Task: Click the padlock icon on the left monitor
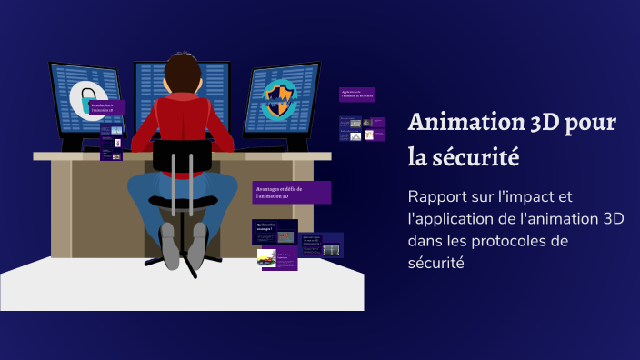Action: pyautogui.click(x=86, y=99)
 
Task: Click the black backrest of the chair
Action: pyautogui.click(x=182, y=155)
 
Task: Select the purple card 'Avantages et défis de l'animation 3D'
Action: pyautogui.click(x=291, y=191)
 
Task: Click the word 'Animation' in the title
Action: pyautogui.click(x=458, y=122)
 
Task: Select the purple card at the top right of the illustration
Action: pyautogui.click(x=356, y=94)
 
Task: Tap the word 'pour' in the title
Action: pyautogui.click(x=591, y=123)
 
